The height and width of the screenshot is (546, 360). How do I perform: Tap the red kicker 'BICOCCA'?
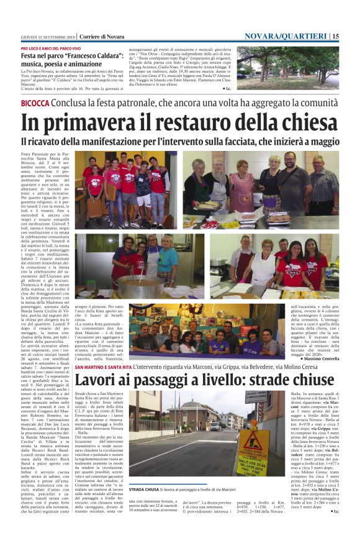click(35, 102)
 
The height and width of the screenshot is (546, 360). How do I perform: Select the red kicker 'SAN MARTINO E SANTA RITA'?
click(103, 368)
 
